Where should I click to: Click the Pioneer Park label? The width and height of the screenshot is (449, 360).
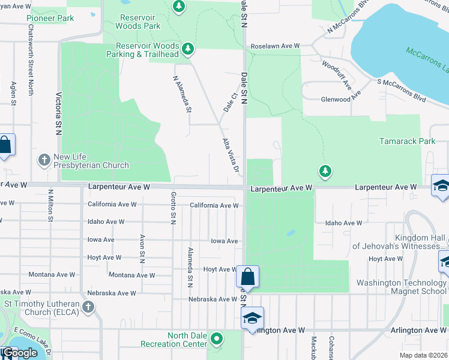[x=50, y=18]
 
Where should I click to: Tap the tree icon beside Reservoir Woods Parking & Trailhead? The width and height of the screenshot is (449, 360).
[x=188, y=48]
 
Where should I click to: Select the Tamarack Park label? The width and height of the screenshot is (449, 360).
[x=407, y=142]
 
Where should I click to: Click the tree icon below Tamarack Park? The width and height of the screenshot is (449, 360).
[x=325, y=172]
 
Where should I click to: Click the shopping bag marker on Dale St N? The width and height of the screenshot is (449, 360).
[x=247, y=277]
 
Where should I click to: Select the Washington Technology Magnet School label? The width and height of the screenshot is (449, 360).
[x=401, y=287]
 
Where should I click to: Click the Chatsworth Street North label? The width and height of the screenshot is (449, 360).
[x=31, y=69]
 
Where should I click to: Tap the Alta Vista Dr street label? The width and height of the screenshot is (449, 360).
[x=231, y=155]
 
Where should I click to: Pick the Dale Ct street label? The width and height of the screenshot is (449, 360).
[x=229, y=101]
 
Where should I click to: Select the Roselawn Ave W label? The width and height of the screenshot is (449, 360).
[x=275, y=46]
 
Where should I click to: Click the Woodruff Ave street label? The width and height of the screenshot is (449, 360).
[x=336, y=74]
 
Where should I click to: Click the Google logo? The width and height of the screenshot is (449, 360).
[x=20, y=353]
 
